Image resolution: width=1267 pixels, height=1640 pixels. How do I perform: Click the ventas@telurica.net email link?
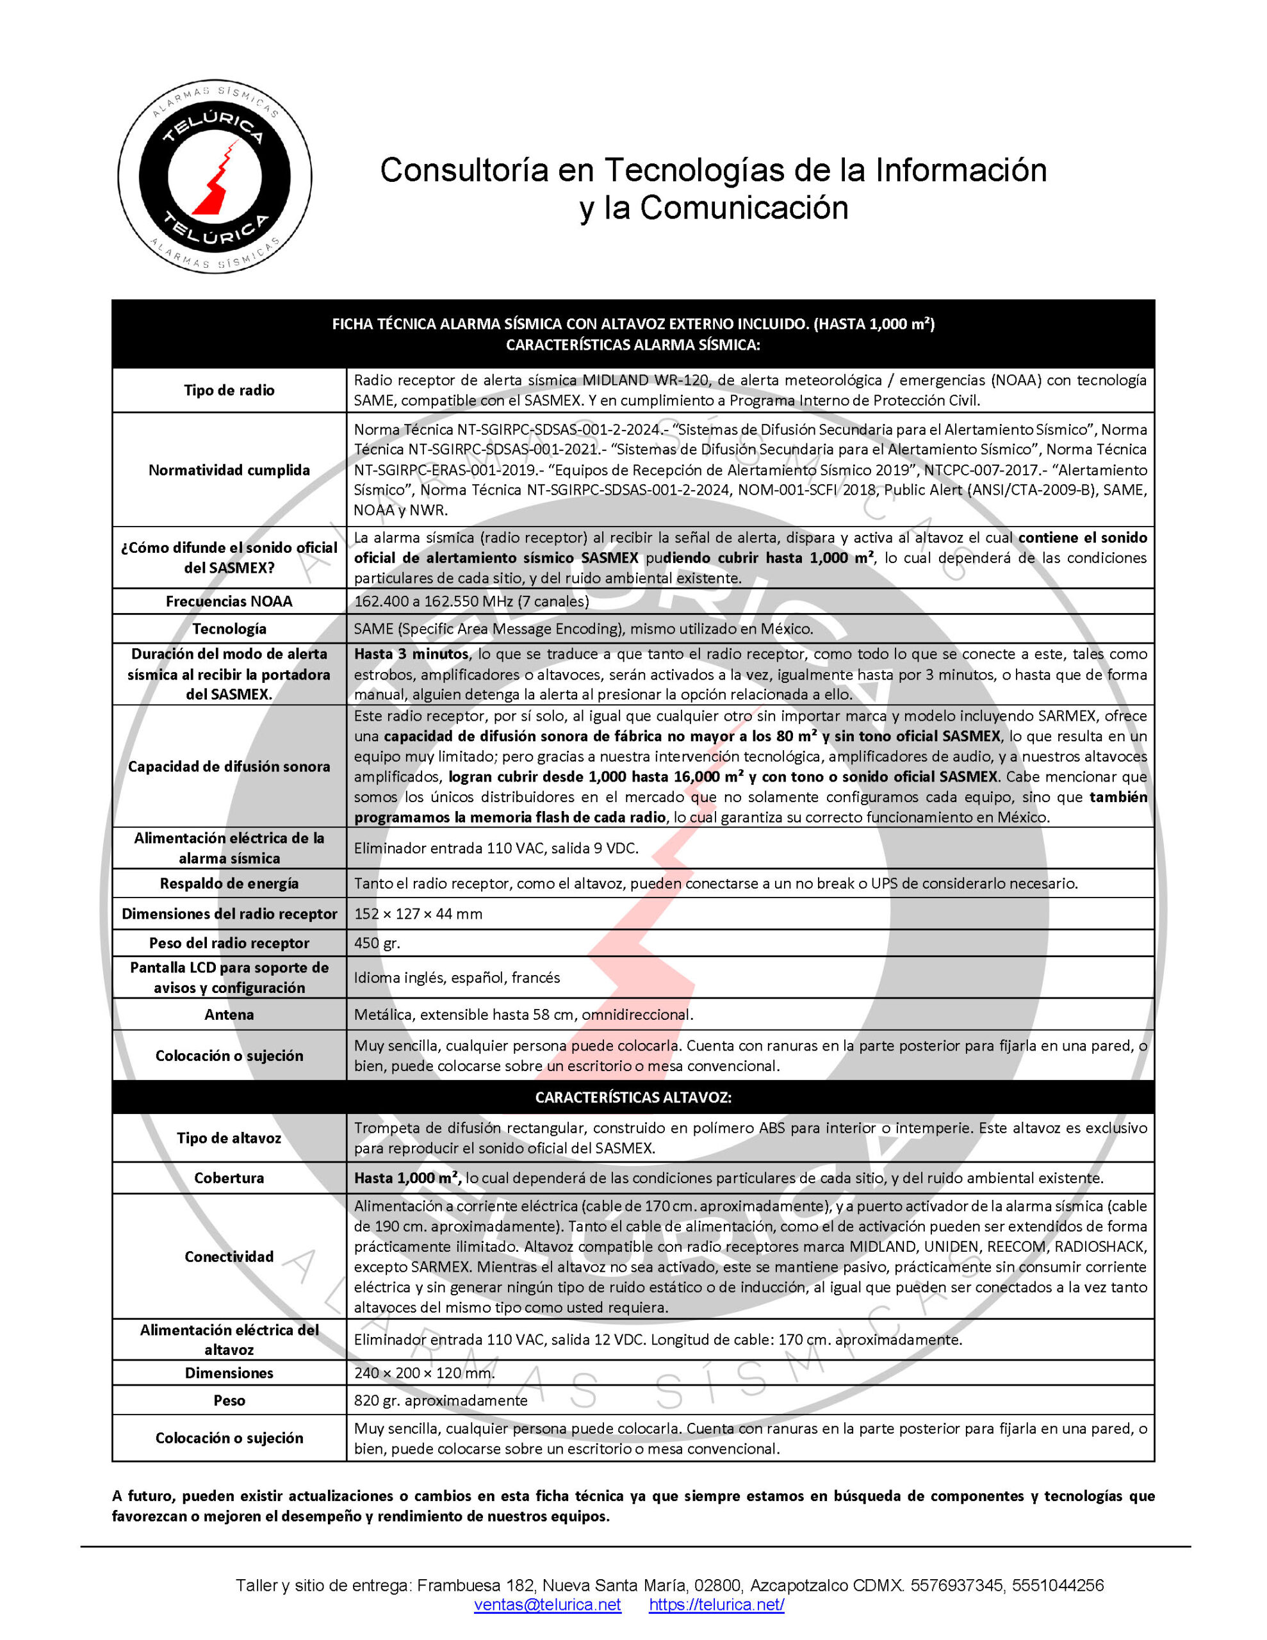click(547, 1605)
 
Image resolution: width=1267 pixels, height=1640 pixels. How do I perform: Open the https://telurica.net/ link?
click(717, 1605)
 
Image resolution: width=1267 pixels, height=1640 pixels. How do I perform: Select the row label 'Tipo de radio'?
click(229, 391)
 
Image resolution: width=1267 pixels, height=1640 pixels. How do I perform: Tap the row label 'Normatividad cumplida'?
click(229, 470)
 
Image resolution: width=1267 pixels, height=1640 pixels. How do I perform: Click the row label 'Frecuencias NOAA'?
click(229, 602)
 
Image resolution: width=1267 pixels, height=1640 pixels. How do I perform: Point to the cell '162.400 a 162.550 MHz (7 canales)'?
click(471, 602)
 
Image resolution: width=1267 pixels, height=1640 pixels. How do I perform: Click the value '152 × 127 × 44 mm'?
click(418, 914)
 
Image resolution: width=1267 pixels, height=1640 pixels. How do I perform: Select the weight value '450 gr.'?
click(377, 943)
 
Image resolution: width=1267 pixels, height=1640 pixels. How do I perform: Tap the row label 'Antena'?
click(229, 1015)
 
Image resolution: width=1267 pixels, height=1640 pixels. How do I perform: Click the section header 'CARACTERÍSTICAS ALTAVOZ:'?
click(633, 1097)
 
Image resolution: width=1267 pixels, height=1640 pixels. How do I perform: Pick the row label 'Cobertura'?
click(229, 1177)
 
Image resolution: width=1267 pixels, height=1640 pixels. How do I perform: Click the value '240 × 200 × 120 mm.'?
click(424, 1373)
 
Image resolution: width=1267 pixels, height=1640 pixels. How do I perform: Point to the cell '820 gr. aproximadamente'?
click(441, 1400)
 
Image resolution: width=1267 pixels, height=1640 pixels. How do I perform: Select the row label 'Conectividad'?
click(229, 1256)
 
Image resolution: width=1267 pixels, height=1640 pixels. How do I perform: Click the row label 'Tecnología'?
click(229, 628)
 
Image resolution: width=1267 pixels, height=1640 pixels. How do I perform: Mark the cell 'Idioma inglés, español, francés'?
click(457, 978)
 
